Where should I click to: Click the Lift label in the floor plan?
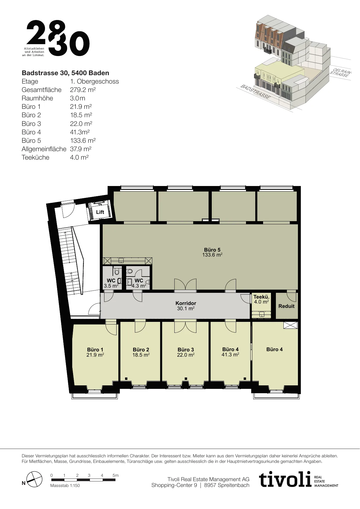point(100,212)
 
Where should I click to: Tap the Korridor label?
point(186,303)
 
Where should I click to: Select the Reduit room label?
point(286,306)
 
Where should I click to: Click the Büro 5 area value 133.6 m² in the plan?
point(212,255)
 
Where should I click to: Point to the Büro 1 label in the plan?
point(95,350)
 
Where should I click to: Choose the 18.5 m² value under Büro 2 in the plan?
point(141,355)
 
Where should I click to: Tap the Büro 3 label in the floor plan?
point(186,350)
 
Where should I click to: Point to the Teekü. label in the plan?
point(261,297)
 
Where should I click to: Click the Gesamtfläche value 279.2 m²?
point(83,90)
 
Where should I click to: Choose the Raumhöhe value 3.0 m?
point(78,98)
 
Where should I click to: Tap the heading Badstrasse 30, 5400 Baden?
point(66,73)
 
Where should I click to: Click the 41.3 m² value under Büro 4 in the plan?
point(230,354)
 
